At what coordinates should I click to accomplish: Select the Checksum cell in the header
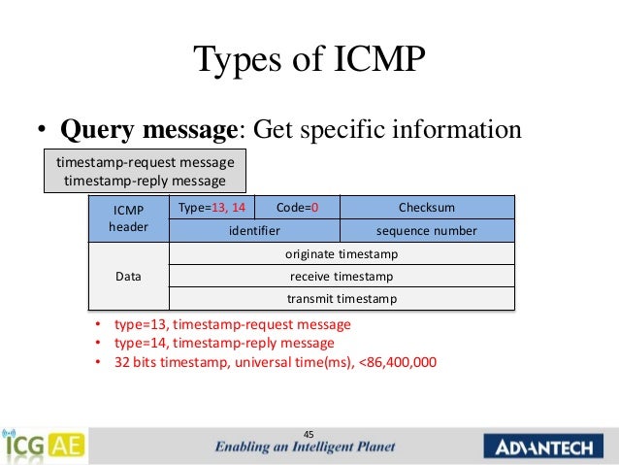pyautogui.click(x=426, y=207)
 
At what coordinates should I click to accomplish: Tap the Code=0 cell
pyautogui.click(x=297, y=207)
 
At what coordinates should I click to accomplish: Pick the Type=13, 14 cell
pyautogui.click(x=212, y=207)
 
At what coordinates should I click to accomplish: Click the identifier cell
pyautogui.click(x=254, y=231)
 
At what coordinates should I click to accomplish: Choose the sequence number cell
pyautogui.click(x=426, y=231)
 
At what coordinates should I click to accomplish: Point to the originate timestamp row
pyautogui.click(x=342, y=254)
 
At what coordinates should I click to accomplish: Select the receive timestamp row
pyautogui.click(x=342, y=277)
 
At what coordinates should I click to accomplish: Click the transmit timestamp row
pyautogui.click(x=342, y=299)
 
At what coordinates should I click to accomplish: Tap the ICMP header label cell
pyautogui.click(x=128, y=218)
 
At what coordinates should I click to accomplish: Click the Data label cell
pyautogui.click(x=128, y=277)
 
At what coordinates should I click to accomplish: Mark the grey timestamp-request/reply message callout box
pyautogui.click(x=144, y=172)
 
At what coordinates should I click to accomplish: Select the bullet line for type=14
pyautogui.click(x=224, y=343)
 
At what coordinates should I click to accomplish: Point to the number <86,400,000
pyautogui.click(x=394, y=362)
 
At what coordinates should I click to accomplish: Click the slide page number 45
pyautogui.click(x=309, y=433)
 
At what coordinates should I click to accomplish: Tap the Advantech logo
pyautogui.click(x=545, y=447)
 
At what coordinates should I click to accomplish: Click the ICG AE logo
pyautogui.click(x=44, y=446)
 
